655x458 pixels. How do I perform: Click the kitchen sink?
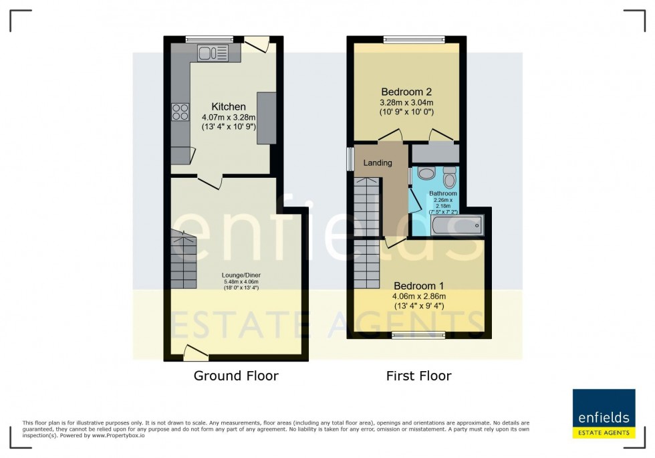click(x=213, y=53)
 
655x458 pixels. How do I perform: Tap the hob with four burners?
click(x=180, y=112)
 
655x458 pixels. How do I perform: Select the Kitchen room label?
click(x=229, y=106)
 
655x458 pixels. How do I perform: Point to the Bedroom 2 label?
click(x=406, y=92)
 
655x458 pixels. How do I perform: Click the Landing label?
click(x=377, y=162)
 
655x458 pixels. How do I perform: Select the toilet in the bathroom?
click(x=449, y=179)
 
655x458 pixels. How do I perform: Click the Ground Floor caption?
click(x=236, y=376)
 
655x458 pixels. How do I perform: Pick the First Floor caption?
click(x=418, y=376)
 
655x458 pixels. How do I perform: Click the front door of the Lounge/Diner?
click(x=196, y=351)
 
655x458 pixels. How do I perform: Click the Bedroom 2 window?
click(x=414, y=39)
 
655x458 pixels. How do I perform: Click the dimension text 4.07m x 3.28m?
click(x=229, y=117)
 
